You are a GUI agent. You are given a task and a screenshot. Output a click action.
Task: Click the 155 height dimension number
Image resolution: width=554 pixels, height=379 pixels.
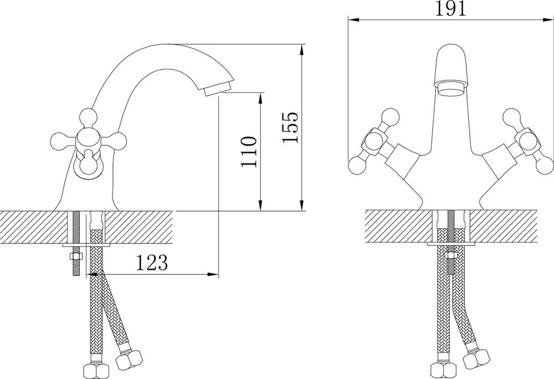(x=290, y=127)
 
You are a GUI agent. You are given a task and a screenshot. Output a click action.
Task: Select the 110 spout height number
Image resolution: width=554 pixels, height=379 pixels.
(x=248, y=152)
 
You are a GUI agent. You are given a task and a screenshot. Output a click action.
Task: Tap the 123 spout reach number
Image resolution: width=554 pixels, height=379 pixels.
(x=152, y=262)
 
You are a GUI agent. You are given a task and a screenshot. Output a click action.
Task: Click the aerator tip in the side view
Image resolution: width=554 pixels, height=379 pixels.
(x=217, y=88)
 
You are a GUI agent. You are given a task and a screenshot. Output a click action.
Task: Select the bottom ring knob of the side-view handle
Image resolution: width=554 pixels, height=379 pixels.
(x=88, y=168)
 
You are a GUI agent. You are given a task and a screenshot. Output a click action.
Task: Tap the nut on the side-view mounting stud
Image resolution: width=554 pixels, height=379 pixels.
(x=76, y=256)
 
